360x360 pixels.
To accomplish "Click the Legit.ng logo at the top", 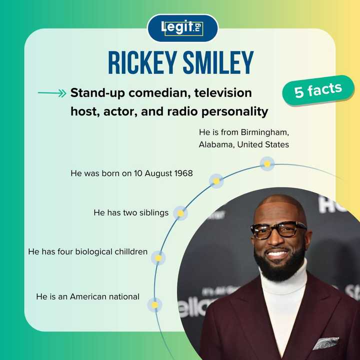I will click(x=182, y=28).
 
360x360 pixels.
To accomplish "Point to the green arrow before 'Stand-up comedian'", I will click(x=52, y=93).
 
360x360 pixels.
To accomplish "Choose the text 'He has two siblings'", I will click(x=131, y=212).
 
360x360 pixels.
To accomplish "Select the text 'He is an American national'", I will click(x=87, y=296).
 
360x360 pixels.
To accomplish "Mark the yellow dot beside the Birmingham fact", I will click(x=267, y=163).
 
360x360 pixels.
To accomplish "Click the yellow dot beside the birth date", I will click(x=216, y=180).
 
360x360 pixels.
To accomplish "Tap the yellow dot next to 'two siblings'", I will click(x=180, y=213).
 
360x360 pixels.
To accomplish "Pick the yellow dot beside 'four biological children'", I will click(x=158, y=258).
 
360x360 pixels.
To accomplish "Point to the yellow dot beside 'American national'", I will click(x=155, y=304).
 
